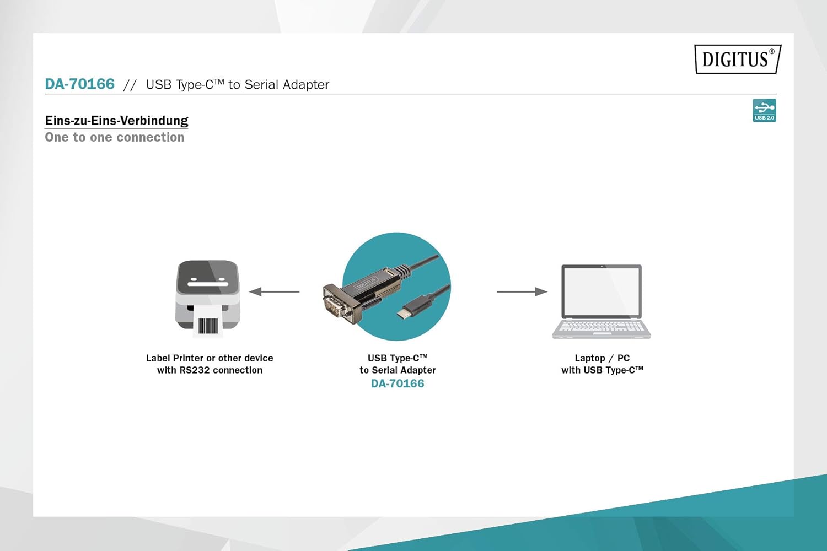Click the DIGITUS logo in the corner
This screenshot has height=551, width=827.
click(738, 59)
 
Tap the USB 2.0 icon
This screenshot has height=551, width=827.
click(764, 110)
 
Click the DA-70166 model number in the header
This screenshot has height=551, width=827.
click(80, 84)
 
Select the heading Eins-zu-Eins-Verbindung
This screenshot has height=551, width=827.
click(116, 121)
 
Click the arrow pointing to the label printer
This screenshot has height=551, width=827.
click(275, 291)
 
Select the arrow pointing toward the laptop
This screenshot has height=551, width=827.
click(522, 291)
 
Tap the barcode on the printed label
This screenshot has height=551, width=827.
click(207, 326)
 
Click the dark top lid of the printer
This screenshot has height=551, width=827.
click(208, 278)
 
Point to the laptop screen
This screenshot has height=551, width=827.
click(602, 291)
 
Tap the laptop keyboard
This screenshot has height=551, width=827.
click(601, 326)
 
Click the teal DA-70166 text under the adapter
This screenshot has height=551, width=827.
click(398, 384)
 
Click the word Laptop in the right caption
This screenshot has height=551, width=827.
click(589, 358)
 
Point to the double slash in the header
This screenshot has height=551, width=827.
click(130, 85)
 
